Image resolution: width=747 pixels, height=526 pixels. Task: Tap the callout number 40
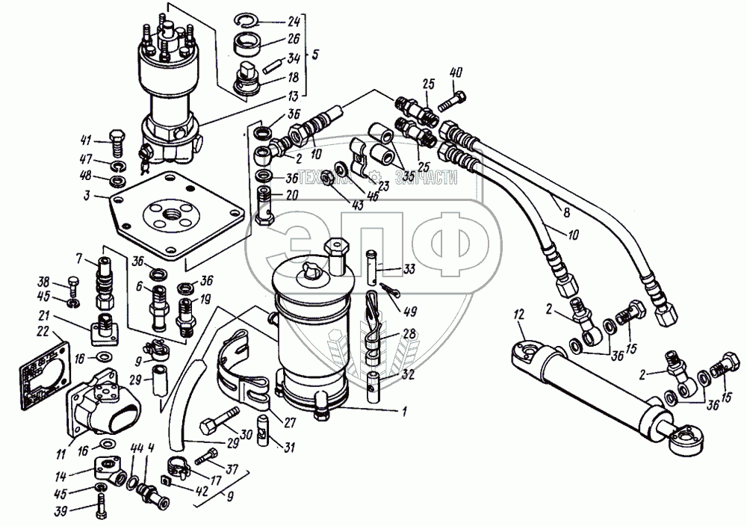click(456, 73)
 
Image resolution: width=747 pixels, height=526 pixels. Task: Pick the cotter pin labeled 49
click(391, 289)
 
